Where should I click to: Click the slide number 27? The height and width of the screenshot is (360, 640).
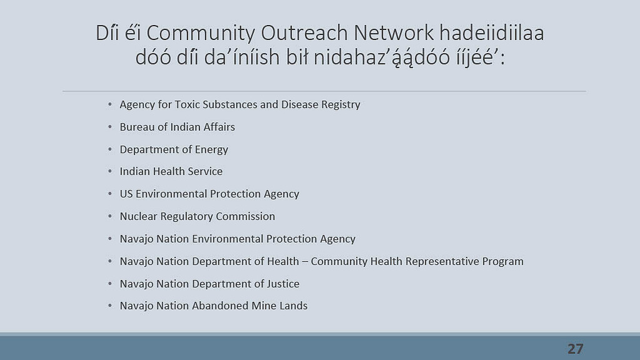click(576, 349)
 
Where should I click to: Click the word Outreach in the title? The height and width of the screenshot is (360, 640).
click(304, 33)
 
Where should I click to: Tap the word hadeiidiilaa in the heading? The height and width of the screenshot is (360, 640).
click(492, 33)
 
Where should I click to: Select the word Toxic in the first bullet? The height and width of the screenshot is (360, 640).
click(187, 105)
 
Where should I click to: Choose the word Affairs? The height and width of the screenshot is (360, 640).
click(219, 127)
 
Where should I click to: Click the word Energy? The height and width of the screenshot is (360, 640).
click(211, 150)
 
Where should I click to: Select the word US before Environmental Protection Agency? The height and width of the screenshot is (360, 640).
click(126, 194)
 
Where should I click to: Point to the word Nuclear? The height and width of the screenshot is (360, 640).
click(138, 217)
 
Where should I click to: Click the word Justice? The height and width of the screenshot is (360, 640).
click(283, 284)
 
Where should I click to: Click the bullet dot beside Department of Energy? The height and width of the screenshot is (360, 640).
click(110, 150)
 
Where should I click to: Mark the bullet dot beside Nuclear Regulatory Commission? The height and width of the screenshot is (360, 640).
click(110, 217)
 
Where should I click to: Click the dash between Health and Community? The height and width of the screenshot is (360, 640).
click(305, 262)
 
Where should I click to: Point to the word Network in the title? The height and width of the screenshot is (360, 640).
click(394, 33)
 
